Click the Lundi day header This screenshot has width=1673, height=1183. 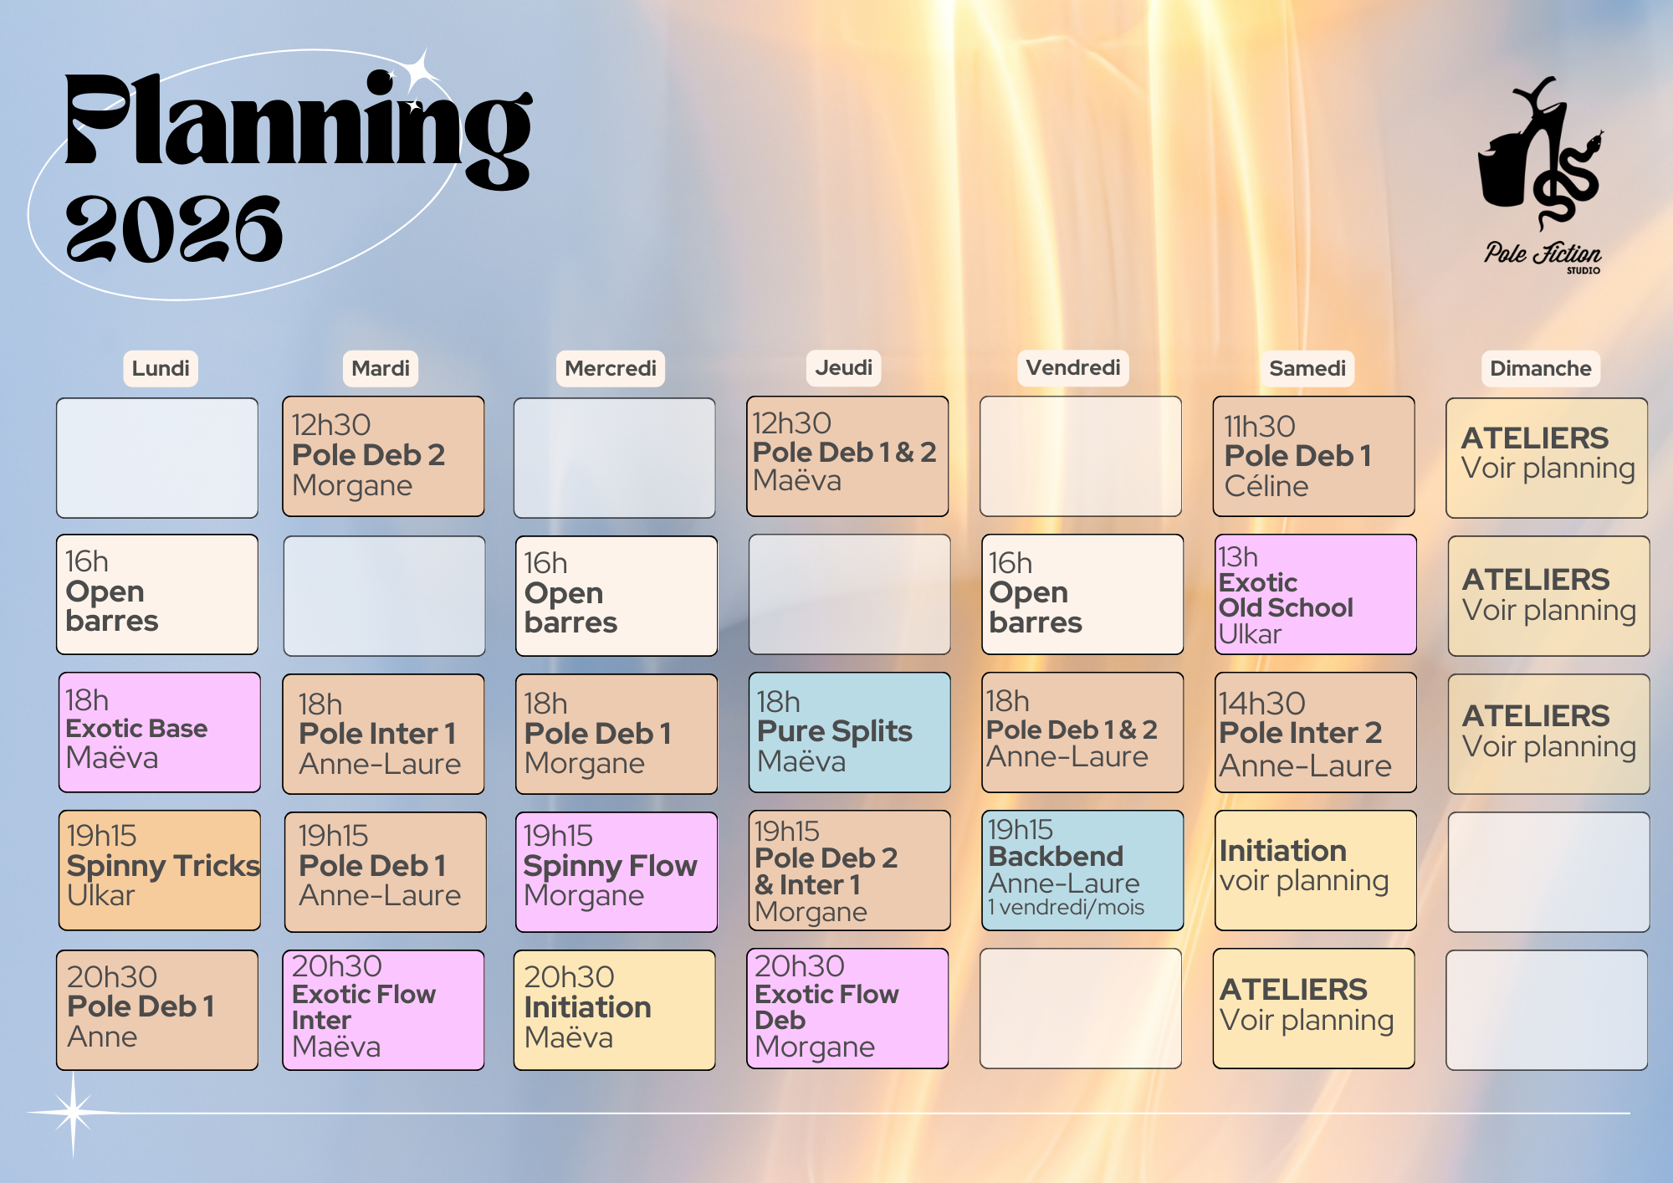click(x=161, y=368)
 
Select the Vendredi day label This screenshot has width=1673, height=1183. click(x=1073, y=367)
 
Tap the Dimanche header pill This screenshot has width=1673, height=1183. click(x=1541, y=368)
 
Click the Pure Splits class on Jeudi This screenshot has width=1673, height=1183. click(x=849, y=732)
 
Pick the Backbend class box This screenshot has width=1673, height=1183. click(x=1082, y=870)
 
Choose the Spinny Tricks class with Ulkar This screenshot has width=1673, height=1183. click(x=160, y=870)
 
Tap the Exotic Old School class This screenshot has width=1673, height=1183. click(x=1316, y=594)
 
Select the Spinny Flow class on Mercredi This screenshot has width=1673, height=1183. click(x=617, y=872)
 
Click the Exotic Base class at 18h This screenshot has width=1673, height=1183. click(x=160, y=732)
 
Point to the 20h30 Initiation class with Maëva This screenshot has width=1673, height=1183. click(x=615, y=1010)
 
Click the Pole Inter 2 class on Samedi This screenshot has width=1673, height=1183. click(x=1316, y=732)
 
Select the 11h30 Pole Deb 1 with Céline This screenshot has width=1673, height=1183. click(x=1314, y=456)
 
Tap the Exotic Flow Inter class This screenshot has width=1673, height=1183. click(x=384, y=1010)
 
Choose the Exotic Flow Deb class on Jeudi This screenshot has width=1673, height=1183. click(x=847, y=1008)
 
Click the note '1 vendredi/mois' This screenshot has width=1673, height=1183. click(x=1066, y=908)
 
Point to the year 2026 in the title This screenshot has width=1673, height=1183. click(x=174, y=228)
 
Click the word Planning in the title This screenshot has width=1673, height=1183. click(x=299, y=125)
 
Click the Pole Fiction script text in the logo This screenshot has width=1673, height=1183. click(x=1543, y=253)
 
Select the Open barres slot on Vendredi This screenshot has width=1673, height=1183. click(x=1082, y=594)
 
